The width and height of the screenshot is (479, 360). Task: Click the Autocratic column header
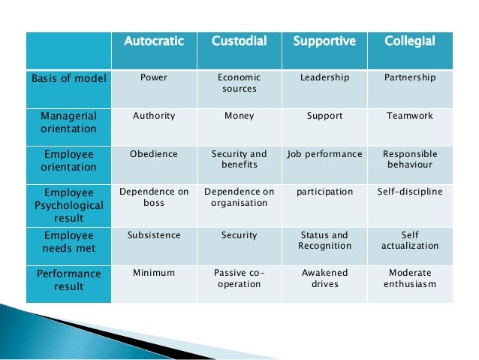pos(153,41)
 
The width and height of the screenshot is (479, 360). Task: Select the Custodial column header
pos(239,41)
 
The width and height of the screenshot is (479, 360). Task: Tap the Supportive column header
pos(324,41)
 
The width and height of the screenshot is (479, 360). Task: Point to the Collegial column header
pos(409,41)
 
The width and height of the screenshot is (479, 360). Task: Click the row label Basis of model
pos(69,77)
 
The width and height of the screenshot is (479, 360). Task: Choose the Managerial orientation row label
pos(69,123)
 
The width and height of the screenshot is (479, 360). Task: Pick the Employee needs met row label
pos(69,242)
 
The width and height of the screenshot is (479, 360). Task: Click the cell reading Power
pos(154,77)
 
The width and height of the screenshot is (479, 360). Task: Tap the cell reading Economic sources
pos(239,83)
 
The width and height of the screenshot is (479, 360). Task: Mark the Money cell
pos(239,116)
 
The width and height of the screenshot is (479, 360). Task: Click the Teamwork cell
pos(409,116)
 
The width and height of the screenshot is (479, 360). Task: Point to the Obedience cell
pos(154,154)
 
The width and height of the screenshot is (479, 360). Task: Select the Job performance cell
pos(324,154)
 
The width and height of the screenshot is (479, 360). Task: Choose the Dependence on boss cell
pos(154,197)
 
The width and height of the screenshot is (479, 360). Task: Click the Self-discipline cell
pos(409,192)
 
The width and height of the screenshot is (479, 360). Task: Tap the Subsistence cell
pos(154,235)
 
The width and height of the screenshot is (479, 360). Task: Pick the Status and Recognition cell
pos(324,241)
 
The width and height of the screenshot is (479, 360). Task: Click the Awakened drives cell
pos(324,279)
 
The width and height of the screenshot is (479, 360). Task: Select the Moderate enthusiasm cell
pos(409,279)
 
